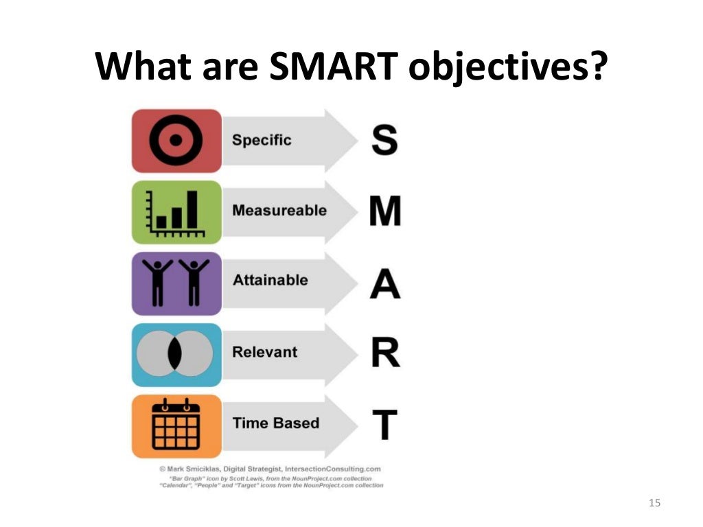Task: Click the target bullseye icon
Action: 176,141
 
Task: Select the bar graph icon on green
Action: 176,211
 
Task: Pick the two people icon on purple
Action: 176,282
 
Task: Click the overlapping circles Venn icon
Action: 176,353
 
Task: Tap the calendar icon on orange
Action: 176,425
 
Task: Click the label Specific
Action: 262,141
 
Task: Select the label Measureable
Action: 279,211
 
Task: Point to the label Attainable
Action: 270,281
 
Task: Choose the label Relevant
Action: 265,352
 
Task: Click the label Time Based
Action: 276,423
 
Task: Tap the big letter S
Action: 384,139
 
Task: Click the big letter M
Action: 385,211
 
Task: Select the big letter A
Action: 385,282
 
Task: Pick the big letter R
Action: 385,353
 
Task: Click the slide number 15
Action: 654,504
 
